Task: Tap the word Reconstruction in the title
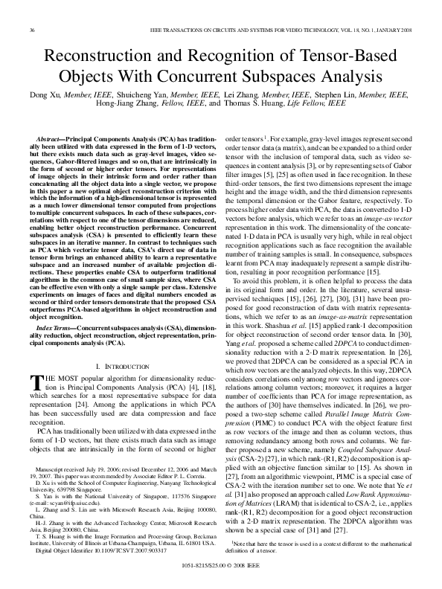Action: (x=110, y=57)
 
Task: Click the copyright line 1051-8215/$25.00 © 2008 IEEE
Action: (x=222, y=567)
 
